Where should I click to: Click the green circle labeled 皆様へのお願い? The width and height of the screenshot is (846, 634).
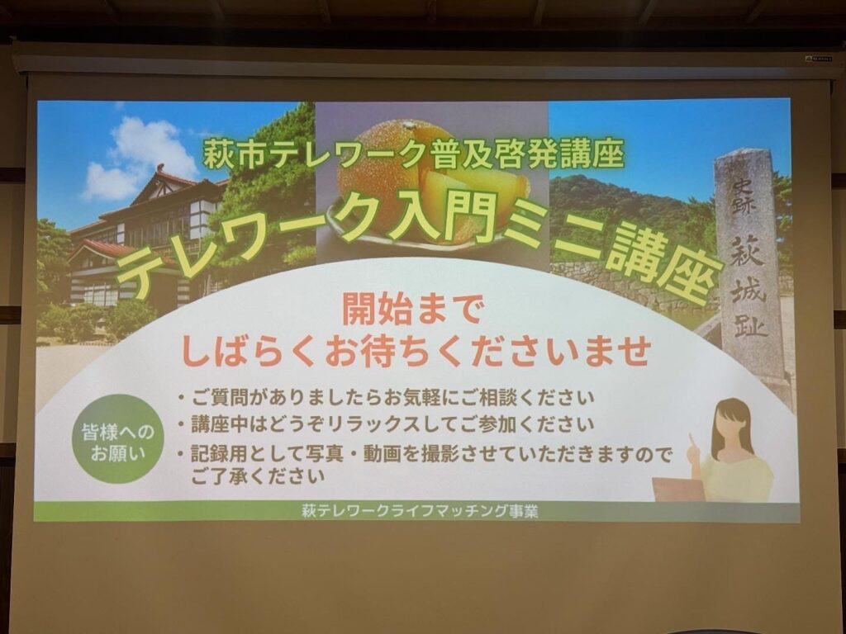pos(117,438)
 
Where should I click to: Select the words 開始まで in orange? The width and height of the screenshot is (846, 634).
pos(411,309)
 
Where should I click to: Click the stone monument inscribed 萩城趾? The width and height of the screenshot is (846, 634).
pos(749,264)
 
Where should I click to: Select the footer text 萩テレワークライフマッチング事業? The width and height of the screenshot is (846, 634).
pos(420,511)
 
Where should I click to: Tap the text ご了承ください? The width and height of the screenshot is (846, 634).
pos(258,476)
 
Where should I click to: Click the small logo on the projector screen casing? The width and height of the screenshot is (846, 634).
pos(819,59)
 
